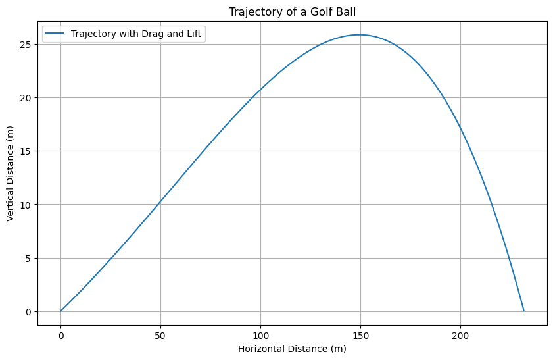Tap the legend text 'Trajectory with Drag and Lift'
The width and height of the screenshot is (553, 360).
point(136,34)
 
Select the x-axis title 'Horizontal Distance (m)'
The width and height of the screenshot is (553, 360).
point(292,347)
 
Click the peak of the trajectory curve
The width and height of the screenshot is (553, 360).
point(359,35)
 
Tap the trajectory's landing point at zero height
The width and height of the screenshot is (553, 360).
point(524,311)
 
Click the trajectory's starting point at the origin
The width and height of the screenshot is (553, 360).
point(60,311)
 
